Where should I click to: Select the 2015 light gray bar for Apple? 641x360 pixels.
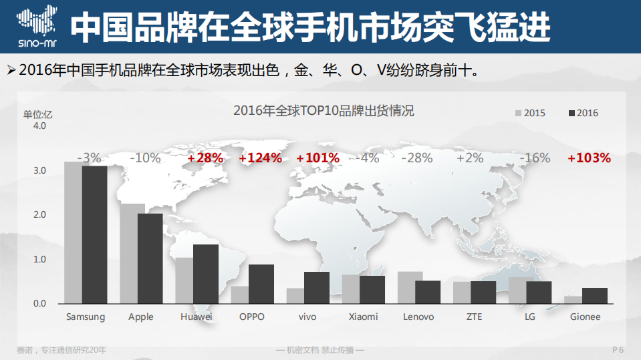coord(132,254)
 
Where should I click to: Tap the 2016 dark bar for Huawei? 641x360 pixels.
coord(205,274)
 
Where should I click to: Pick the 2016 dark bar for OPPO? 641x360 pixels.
coord(261,284)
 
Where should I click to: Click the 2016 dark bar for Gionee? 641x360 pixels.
coord(594,296)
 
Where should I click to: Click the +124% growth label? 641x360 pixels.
coord(260,158)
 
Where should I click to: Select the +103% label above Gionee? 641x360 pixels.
coord(589,158)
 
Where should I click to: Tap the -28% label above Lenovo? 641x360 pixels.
coord(417,158)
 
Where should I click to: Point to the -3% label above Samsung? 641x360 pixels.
coord(89,158)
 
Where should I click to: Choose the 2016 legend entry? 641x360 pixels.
coord(583,113)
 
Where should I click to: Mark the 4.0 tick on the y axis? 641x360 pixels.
coord(39,126)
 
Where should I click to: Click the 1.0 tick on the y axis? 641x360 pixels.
coord(39,259)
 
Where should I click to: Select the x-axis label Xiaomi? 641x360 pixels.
coord(363,317)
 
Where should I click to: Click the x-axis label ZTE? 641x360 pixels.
coord(474,317)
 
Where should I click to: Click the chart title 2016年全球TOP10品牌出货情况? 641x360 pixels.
coord(324,111)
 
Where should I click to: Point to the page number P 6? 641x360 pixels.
coord(618,350)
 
